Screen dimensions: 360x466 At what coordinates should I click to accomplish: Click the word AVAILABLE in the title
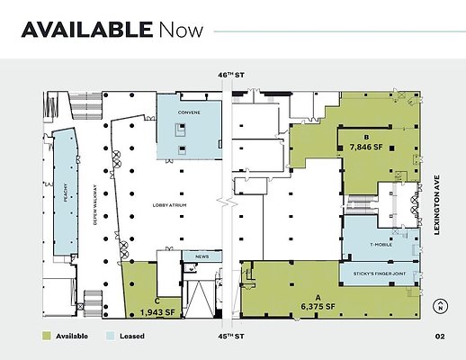(x=86, y=30)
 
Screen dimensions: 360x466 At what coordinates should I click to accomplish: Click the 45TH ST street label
(x=233, y=336)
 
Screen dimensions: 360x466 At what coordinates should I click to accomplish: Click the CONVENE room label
(x=188, y=113)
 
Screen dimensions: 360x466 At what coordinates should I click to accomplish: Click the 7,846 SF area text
(x=366, y=146)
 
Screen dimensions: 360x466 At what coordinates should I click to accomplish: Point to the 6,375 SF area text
(x=318, y=306)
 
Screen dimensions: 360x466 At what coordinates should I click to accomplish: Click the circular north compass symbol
(x=440, y=306)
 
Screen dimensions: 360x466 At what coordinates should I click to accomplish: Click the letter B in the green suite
(x=366, y=137)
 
